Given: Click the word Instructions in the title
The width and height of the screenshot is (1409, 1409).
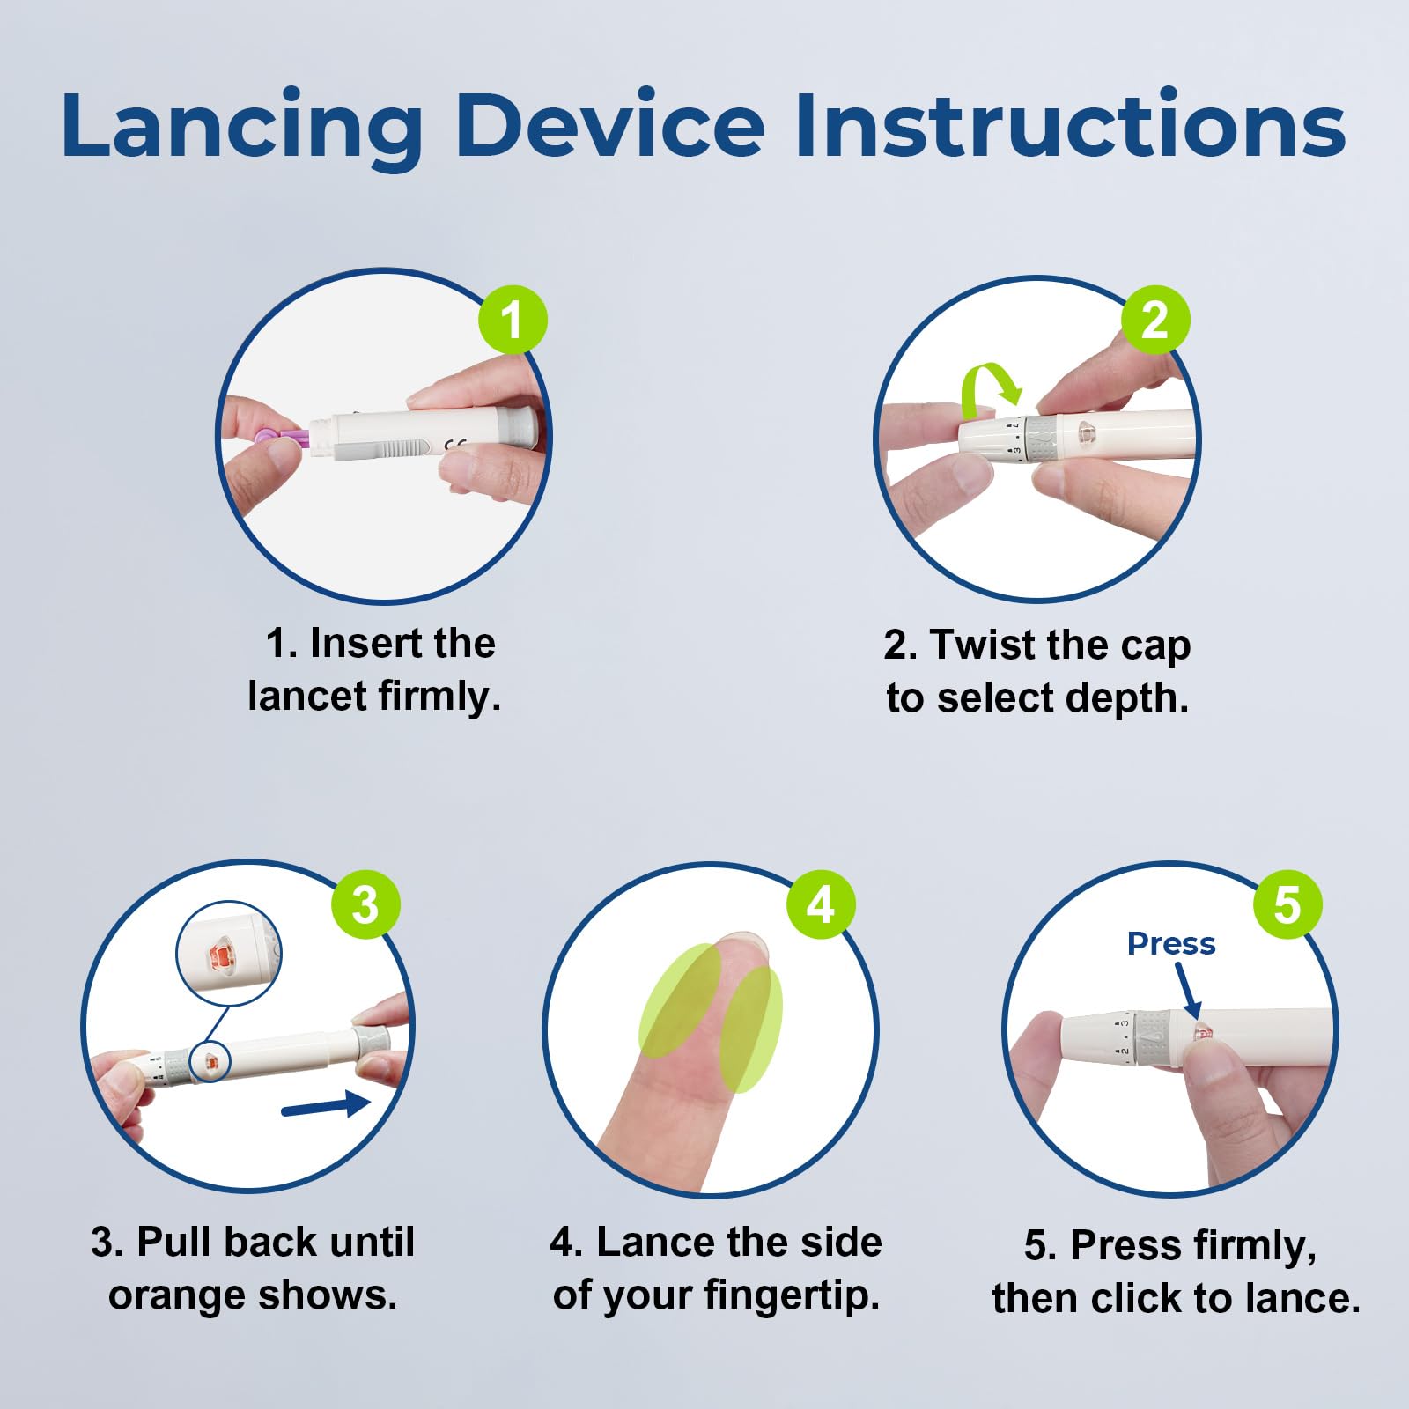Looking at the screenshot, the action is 1070,124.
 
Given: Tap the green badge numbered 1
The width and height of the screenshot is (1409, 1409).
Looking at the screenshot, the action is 513,320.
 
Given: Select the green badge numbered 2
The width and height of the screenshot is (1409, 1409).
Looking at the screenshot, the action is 1154,320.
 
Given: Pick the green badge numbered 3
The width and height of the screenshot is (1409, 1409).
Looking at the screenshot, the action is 365,904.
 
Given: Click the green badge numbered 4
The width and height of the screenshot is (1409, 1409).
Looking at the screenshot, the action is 821,904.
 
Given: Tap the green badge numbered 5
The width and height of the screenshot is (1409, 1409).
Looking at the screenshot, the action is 1287,904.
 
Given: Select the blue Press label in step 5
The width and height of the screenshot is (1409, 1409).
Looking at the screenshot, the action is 1171,943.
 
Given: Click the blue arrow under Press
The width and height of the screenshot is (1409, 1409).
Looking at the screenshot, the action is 1188,990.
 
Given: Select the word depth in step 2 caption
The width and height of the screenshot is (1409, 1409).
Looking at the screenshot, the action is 1127,698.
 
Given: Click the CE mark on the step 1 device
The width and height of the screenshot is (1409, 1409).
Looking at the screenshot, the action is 454,445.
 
